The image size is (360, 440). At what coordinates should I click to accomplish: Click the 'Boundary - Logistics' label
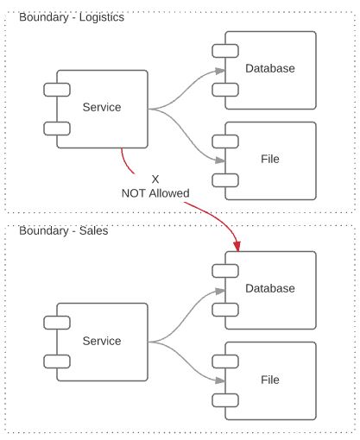click(72, 17)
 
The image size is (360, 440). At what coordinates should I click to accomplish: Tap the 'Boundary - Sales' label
click(64, 230)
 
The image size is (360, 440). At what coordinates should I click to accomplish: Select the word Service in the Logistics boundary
click(102, 107)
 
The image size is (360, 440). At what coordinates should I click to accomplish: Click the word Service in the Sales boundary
click(102, 341)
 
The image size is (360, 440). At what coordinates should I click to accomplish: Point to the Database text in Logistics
click(270, 68)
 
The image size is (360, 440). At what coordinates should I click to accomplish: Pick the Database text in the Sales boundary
click(270, 288)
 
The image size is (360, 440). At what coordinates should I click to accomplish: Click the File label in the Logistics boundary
click(270, 159)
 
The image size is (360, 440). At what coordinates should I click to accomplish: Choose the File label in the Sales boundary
click(270, 380)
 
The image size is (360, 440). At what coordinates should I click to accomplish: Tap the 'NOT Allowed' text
click(155, 193)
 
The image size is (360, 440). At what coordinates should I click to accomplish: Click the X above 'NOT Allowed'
click(155, 179)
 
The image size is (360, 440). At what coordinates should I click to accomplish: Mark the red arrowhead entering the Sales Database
click(237, 247)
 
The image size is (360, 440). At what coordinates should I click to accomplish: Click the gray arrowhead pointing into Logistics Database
click(220, 71)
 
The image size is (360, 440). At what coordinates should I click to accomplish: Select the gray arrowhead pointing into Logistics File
click(220, 160)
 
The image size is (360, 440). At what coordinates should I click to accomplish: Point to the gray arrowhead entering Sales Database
click(220, 291)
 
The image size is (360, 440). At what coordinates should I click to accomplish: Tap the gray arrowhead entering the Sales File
click(220, 380)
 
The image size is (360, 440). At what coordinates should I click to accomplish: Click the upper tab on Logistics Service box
click(57, 90)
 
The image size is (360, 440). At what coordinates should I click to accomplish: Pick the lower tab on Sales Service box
click(57, 361)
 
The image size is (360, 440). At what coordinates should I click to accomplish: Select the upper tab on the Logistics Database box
click(225, 51)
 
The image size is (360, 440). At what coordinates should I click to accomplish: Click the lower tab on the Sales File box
click(225, 400)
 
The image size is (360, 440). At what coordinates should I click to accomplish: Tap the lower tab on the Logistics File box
click(225, 180)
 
